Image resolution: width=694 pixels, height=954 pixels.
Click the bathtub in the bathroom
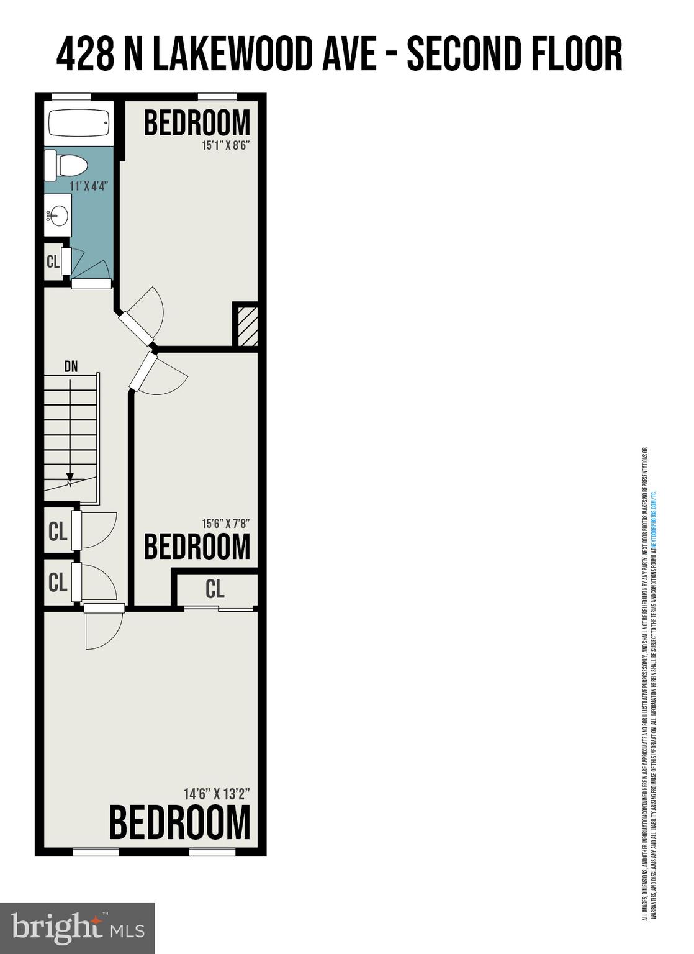pos(79,124)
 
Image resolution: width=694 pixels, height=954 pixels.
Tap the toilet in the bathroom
pos(67,166)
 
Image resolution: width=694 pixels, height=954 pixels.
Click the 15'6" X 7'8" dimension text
pos(225,524)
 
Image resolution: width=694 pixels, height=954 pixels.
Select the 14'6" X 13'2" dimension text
pos(217,794)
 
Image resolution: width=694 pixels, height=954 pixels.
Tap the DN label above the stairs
pos(71,366)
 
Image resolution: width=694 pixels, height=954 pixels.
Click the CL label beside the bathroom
pos(53,261)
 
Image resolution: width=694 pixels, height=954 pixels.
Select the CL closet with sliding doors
pos(215,589)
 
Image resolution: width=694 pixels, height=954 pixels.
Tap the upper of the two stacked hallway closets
pos(58,532)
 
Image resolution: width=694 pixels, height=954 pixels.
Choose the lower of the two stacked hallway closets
pos(58,583)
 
